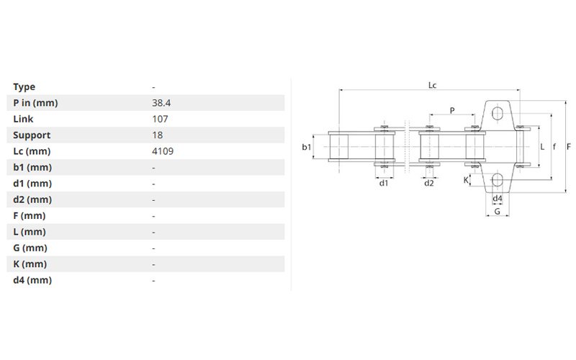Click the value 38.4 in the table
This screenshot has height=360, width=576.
[161, 103]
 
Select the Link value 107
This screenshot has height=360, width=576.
[160, 119]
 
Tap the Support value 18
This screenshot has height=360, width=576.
[157, 135]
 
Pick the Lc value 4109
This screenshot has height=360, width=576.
[163, 151]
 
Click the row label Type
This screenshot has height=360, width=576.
[24, 87]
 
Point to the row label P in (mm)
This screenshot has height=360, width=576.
[35, 103]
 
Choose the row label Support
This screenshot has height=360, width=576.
[32, 135]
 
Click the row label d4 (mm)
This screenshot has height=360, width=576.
[32, 280]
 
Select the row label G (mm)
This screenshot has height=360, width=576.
[30, 248]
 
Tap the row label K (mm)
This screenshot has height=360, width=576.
[30, 264]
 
